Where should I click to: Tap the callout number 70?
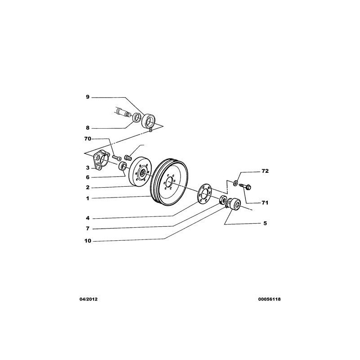coord(87,139)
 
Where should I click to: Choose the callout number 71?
coord(265,203)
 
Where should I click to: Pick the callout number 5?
coord(265,223)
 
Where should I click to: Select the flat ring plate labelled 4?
coord(203,193)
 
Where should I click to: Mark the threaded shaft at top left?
coord(123,112)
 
